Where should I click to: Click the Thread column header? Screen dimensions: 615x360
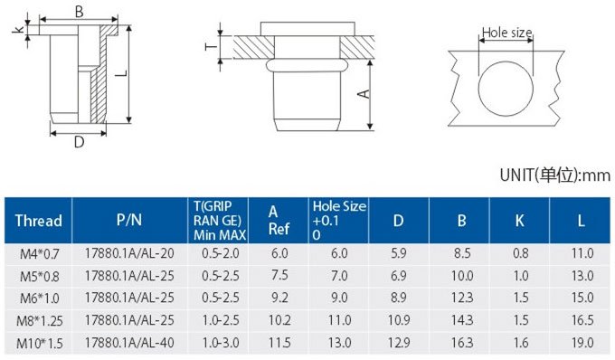pyautogui.click(x=38, y=221)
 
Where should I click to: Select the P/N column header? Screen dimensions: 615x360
pyautogui.click(x=129, y=220)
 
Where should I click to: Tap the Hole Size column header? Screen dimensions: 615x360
pyautogui.click(x=339, y=221)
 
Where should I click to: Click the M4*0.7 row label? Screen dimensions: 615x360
pyautogui.click(x=39, y=254)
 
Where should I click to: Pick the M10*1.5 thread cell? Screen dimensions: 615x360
pyautogui.click(x=39, y=344)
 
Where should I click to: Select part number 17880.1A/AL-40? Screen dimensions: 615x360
pyautogui.click(x=129, y=343)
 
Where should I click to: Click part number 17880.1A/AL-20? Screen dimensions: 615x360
pyautogui.click(x=129, y=253)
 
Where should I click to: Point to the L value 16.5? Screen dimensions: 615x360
pyautogui.click(x=582, y=320)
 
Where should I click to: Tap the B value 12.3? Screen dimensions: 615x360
pyautogui.click(x=462, y=298)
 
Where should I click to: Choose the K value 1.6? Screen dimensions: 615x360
pyautogui.click(x=521, y=343)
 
